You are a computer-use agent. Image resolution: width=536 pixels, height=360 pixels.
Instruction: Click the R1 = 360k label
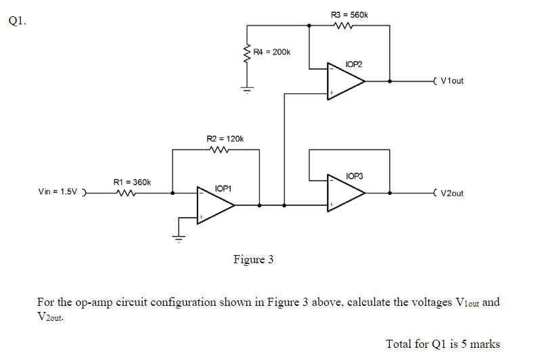click(132, 182)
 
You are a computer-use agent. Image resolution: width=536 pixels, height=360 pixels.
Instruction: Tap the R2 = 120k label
click(224, 139)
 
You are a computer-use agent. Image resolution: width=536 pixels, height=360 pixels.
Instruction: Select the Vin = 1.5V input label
click(59, 192)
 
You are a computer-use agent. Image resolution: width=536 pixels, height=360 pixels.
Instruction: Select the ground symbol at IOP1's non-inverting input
click(179, 238)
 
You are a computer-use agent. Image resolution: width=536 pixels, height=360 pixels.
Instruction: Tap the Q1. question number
click(18, 20)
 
